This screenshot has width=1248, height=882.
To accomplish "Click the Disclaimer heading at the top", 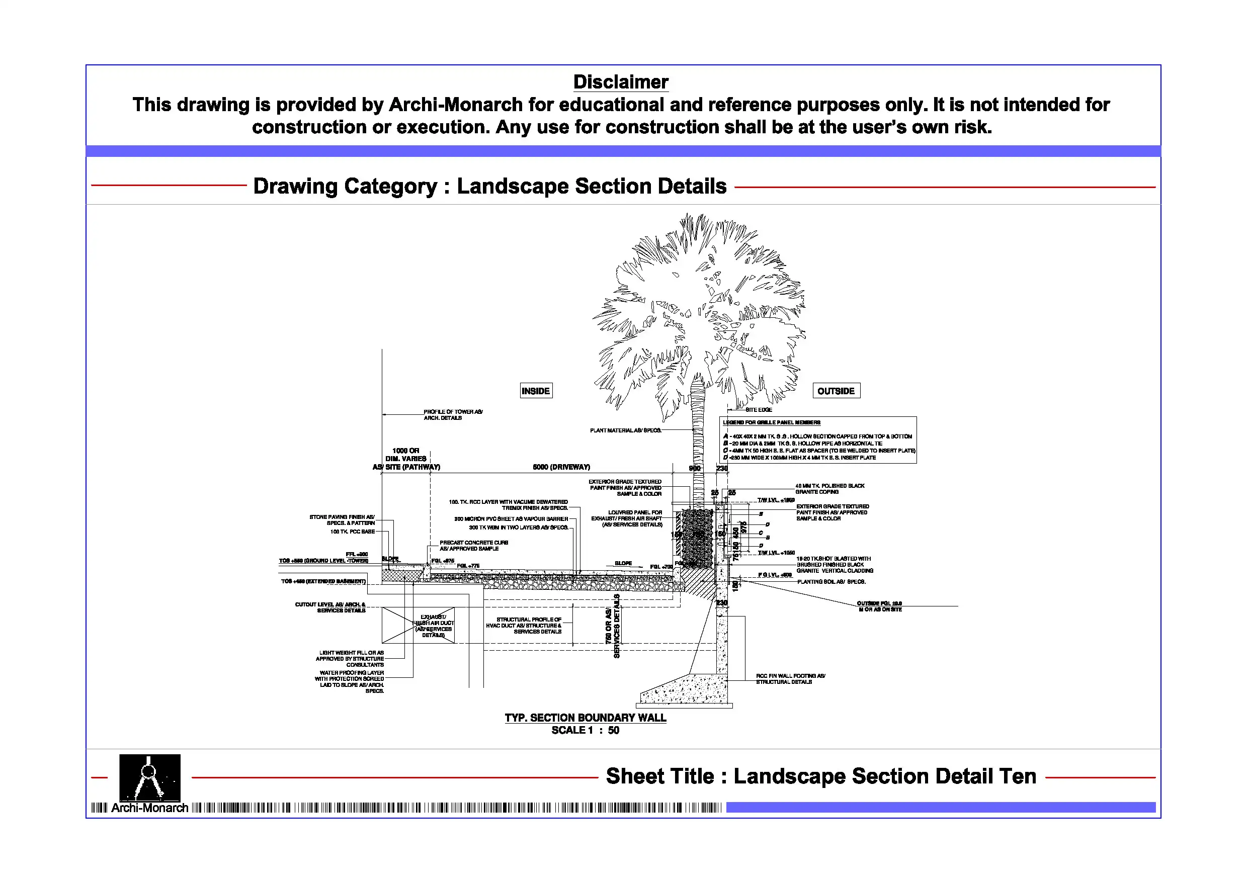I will (x=620, y=82).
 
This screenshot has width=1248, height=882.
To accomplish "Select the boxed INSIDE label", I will (x=535, y=391).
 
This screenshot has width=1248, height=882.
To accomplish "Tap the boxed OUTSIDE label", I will (x=836, y=391).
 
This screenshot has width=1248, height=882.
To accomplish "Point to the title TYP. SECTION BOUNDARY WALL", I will (x=585, y=718).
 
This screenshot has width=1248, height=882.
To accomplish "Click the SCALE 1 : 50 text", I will (x=585, y=730).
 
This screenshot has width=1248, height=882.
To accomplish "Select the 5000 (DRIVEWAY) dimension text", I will (x=561, y=467).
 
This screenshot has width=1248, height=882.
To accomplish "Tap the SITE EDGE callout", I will (x=758, y=410).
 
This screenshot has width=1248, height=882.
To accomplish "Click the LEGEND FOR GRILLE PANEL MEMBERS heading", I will (x=771, y=422).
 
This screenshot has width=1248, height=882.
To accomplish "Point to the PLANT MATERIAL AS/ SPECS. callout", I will (x=625, y=430).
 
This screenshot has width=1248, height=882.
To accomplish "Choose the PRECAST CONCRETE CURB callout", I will (x=473, y=545).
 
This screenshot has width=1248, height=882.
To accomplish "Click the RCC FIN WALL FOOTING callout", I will (x=790, y=679).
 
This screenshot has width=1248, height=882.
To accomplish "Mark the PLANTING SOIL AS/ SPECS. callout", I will (x=831, y=581).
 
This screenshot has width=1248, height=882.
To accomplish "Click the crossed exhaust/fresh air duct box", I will (x=418, y=625).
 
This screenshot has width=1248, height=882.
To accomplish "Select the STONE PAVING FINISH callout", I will (x=342, y=519).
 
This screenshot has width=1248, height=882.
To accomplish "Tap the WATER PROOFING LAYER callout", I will (x=351, y=681).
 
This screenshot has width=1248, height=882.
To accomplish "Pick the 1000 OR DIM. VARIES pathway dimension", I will (x=406, y=458).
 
